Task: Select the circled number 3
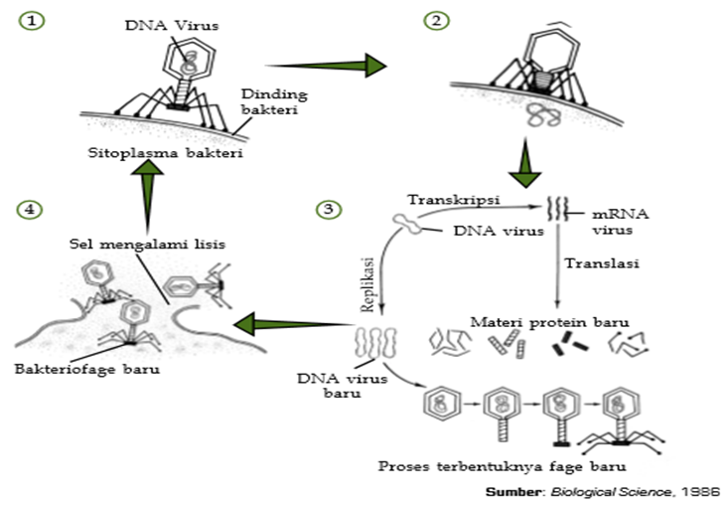[326, 209]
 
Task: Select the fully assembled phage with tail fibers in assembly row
[622, 418]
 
